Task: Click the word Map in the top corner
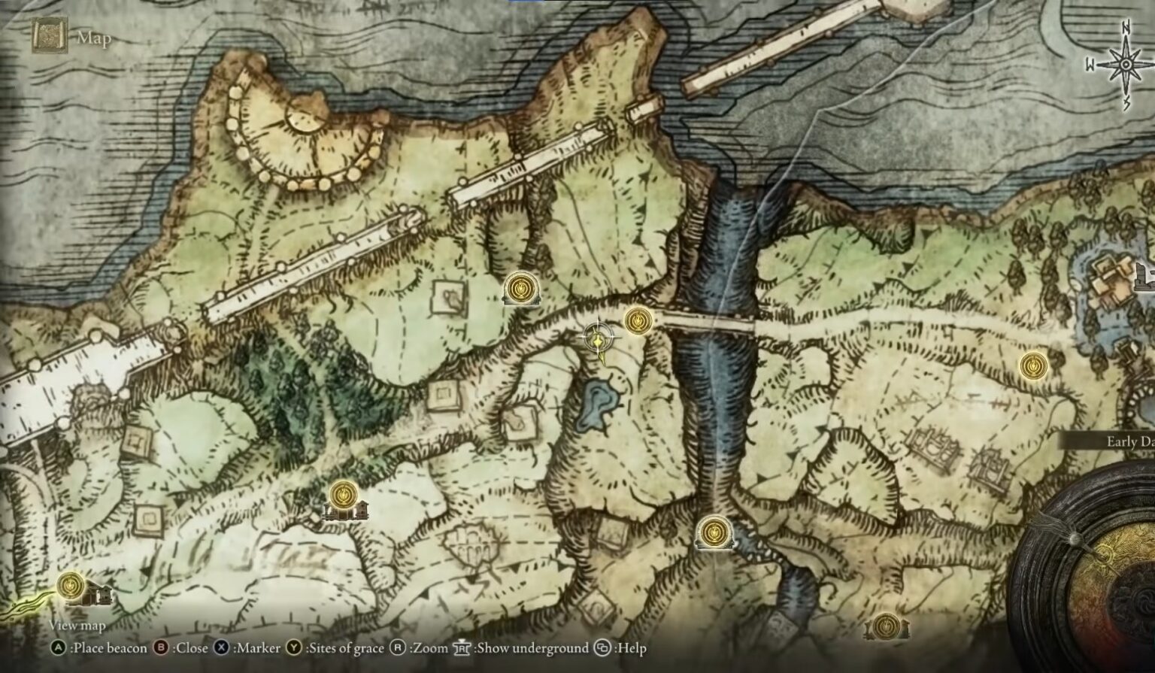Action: click(x=94, y=38)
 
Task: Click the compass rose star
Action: click(x=1125, y=65)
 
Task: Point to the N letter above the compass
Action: click(x=1126, y=29)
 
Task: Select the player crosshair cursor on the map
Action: click(x=599, y=338)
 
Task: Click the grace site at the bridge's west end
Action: click(x=638, y=320)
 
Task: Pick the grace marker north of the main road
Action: click(x=520, y=287)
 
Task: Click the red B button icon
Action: click(x=160, y=648)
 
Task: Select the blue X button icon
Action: click(x=221, y=648)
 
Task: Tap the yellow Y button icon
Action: click(x=293, y=648)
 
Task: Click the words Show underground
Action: click(x=533, y=648)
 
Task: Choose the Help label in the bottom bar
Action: click(x=630, y=648)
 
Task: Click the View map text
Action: click(x=77, y=626)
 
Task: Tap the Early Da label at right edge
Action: click(x=1129, y=441)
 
